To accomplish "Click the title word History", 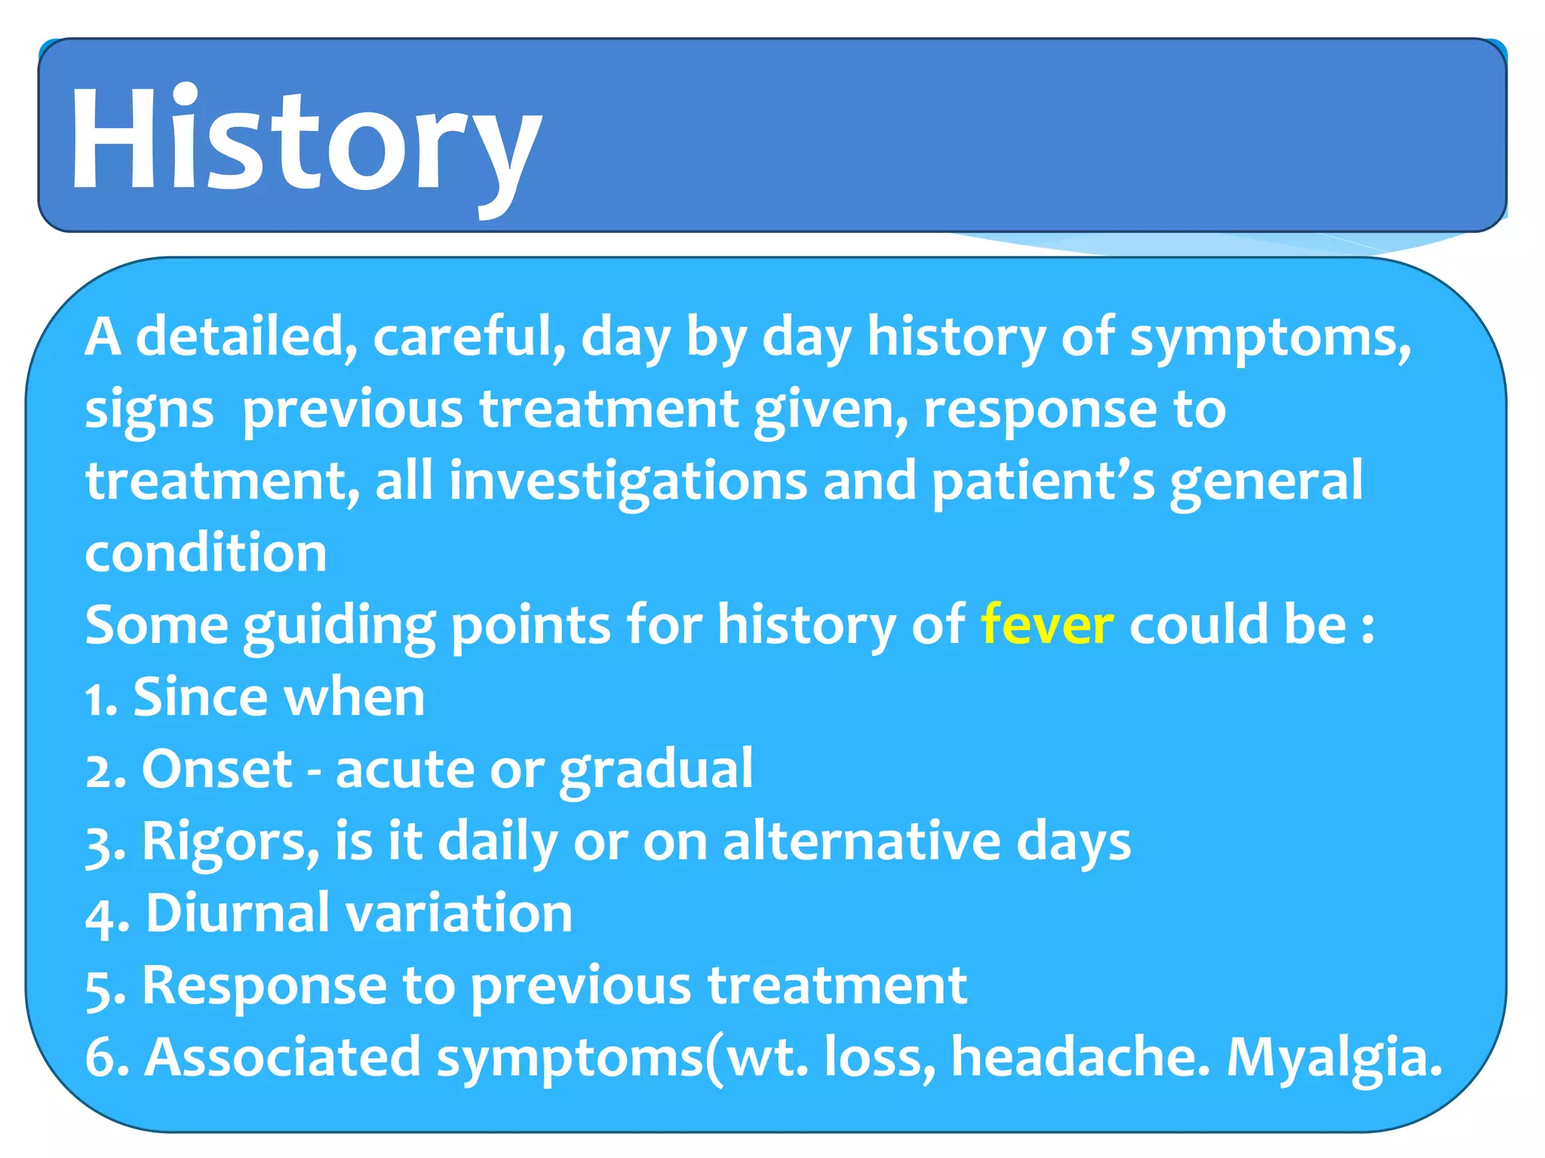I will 306,139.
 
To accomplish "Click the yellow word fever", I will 1046,625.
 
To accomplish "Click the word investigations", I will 628,482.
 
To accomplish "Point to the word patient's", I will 1043,482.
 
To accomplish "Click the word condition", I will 206,553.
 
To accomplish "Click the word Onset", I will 217,770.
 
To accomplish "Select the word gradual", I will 656,770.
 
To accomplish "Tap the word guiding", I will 339,625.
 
